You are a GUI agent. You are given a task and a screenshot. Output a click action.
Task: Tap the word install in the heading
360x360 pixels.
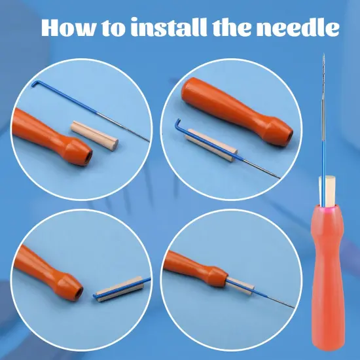pos(169,28)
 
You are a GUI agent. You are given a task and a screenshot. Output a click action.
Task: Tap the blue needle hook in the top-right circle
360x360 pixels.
pos(178,124)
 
